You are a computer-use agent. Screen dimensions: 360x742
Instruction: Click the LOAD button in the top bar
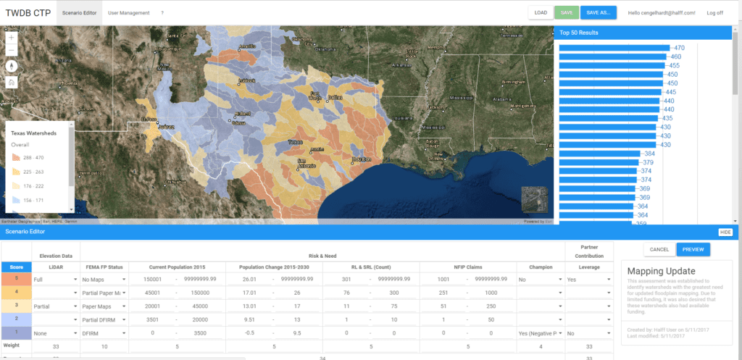[541, 13]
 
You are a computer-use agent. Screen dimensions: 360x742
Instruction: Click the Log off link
[714, 13]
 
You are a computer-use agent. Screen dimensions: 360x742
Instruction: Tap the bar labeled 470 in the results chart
[613, 48]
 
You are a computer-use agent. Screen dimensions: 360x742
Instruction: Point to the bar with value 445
[610, 92]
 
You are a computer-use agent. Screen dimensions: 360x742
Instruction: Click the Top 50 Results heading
[579, 33]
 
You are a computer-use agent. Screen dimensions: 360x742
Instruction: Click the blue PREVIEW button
[693, 249]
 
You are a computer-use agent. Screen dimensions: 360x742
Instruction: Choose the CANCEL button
[659, 249]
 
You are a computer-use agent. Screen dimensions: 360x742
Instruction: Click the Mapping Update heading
[654, 271]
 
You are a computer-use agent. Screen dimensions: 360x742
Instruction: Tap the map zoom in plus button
[12, 36]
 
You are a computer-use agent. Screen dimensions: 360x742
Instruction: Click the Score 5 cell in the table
[14, 278]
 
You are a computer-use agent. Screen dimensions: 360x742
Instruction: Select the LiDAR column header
[56, 267]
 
